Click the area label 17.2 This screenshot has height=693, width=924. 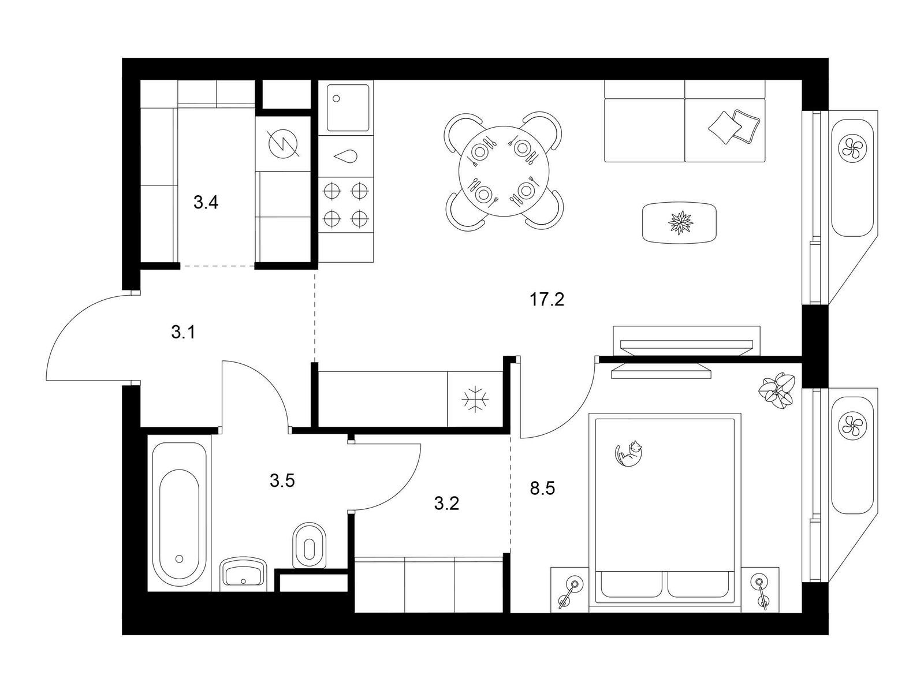pos(546,300)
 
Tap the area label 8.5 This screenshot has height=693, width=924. pos(542,489)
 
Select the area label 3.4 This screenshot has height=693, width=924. pos(206,203)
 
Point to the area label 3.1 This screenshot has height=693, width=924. pos(184,332)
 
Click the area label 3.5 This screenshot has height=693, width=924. pos(282,480)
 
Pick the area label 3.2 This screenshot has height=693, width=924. pos(446,504)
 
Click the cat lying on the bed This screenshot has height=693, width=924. pos(629,453)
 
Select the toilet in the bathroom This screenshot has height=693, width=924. pos(310,545)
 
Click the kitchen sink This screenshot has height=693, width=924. pos(348,108)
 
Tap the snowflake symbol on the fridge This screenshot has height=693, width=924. pos(476,399)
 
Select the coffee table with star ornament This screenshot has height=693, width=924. pos(681,222)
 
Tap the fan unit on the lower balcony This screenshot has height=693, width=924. pos(851,426)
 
